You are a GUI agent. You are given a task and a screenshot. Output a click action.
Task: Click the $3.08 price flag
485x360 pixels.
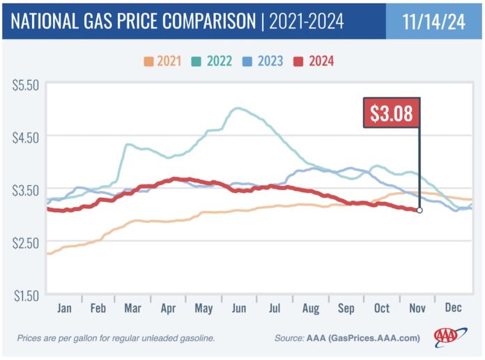click(392, 113)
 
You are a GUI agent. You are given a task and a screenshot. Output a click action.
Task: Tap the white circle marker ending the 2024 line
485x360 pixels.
click(419, 210)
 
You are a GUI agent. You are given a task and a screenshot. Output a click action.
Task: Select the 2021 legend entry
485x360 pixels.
click(162, 61)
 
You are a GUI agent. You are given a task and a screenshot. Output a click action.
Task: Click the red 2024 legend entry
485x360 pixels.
click(314, 61)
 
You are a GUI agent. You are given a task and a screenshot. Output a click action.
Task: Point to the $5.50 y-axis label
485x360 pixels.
click(26, 85)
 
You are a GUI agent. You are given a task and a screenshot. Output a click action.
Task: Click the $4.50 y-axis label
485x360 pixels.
click(26, 138)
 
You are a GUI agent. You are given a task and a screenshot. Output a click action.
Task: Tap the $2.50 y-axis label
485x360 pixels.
click(26, 243)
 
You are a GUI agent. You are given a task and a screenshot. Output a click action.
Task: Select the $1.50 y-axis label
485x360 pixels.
click(26, 296)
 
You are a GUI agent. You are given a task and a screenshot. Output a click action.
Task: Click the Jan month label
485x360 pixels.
click(64, 308)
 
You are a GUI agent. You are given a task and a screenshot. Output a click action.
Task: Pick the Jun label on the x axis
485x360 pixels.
click(239, 308)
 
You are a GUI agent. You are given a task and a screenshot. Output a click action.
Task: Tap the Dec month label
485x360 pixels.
click(453, 308)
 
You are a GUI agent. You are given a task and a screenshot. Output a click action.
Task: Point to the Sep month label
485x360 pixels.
click(346, 308)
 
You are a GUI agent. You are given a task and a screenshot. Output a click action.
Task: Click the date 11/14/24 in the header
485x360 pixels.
click(433, 22)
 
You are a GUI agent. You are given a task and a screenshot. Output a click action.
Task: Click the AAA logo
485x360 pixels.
click(450, 336)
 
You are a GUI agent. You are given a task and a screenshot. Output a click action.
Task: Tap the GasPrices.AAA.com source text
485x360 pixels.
click(374, 338)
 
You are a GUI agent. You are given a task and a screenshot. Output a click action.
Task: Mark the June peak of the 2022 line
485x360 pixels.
click(238, 109)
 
